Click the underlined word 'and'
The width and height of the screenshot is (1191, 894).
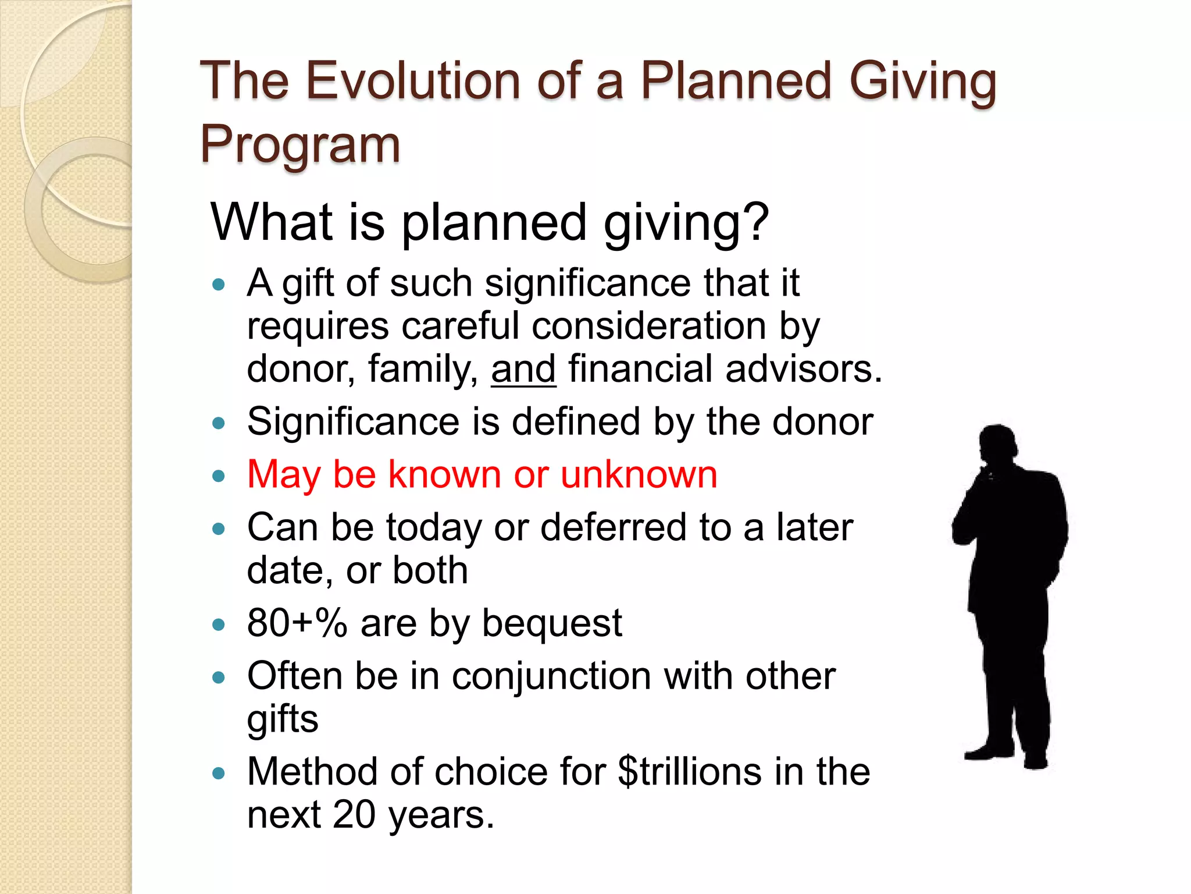(523, 369)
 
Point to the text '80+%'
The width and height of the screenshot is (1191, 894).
(297, 623)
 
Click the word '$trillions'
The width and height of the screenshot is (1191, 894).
(689, 771)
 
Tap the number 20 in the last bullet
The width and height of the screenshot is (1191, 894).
(354, 814)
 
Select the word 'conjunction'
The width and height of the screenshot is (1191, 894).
(551, 676)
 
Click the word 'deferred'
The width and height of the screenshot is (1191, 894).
(613, 527)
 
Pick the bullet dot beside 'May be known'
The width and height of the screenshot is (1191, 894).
(219, 476)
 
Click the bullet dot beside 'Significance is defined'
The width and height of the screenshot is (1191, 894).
(219, 423)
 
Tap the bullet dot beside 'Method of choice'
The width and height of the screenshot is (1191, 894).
(219, 774)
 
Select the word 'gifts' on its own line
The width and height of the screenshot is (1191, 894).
(283, 719)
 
